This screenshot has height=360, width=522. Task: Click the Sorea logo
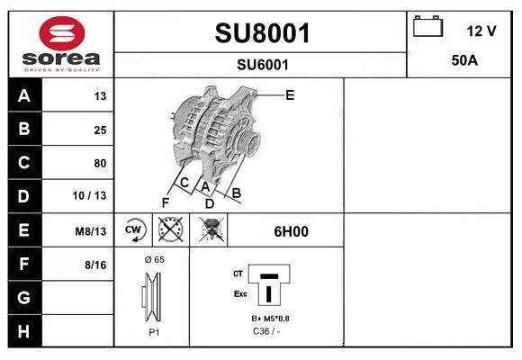click(59, 42)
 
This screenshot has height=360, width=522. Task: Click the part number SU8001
click(262, 33)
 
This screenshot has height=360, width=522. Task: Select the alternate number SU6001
click(262, 64)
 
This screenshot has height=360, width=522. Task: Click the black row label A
click(23, 96)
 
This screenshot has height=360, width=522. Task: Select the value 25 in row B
click(100, 130)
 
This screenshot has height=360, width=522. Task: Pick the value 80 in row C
click(100, 163)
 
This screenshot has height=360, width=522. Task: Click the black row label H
click(23, 330)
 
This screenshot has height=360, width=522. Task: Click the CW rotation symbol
click(134, 230)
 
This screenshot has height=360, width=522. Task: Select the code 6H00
click(291, 231)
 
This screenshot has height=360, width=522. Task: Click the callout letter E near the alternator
click(290, 94)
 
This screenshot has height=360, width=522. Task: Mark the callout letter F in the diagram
click(165, 202)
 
